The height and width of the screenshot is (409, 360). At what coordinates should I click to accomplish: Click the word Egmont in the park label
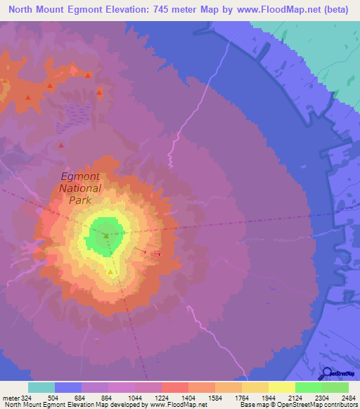81,176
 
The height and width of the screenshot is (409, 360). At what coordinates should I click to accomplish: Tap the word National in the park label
79,188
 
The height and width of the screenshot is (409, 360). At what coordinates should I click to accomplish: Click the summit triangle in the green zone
106,235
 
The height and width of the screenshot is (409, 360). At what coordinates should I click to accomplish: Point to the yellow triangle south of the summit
111,271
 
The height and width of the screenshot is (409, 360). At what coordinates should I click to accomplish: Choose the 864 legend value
108,398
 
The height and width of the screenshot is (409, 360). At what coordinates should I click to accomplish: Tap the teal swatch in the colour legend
41,387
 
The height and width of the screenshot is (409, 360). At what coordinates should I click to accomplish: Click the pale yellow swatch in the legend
281,387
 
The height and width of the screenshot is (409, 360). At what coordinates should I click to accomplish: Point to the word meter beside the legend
11,398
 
